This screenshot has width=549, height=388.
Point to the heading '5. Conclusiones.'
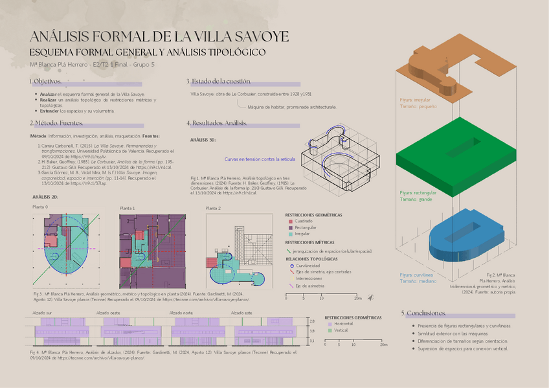coord(423,313)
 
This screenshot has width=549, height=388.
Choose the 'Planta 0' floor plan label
coord(40,207)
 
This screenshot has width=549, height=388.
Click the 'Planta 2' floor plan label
coord(213,208)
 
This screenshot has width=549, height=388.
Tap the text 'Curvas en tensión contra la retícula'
coord(260,159)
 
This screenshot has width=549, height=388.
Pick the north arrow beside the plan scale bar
coord(370,298)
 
